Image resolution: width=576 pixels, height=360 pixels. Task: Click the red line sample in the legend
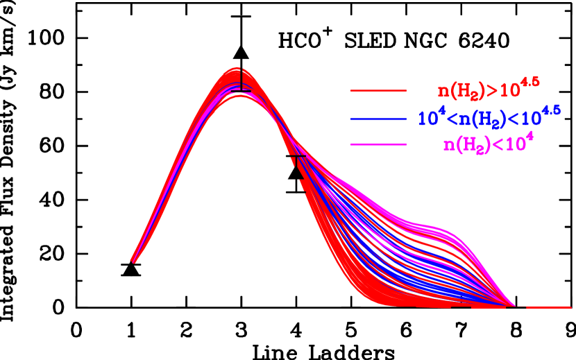pyautogui.click(x=378, y=91)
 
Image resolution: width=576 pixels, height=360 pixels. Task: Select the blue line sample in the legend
pyautogui.click(x=378, y=119)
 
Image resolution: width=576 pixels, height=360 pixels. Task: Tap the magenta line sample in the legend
pyautogui.click(x=378, y=144)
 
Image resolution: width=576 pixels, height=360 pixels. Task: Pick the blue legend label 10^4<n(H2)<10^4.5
pyautogui.click(x=489, y=116)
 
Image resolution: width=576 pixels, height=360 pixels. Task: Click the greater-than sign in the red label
pyautogui.click(x=493, y=90)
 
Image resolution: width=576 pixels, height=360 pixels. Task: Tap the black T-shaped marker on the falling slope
pyautogui.click(x=298, y=160)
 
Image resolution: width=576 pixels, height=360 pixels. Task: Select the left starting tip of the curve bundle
pyautogui.click(x=133, y=262)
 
